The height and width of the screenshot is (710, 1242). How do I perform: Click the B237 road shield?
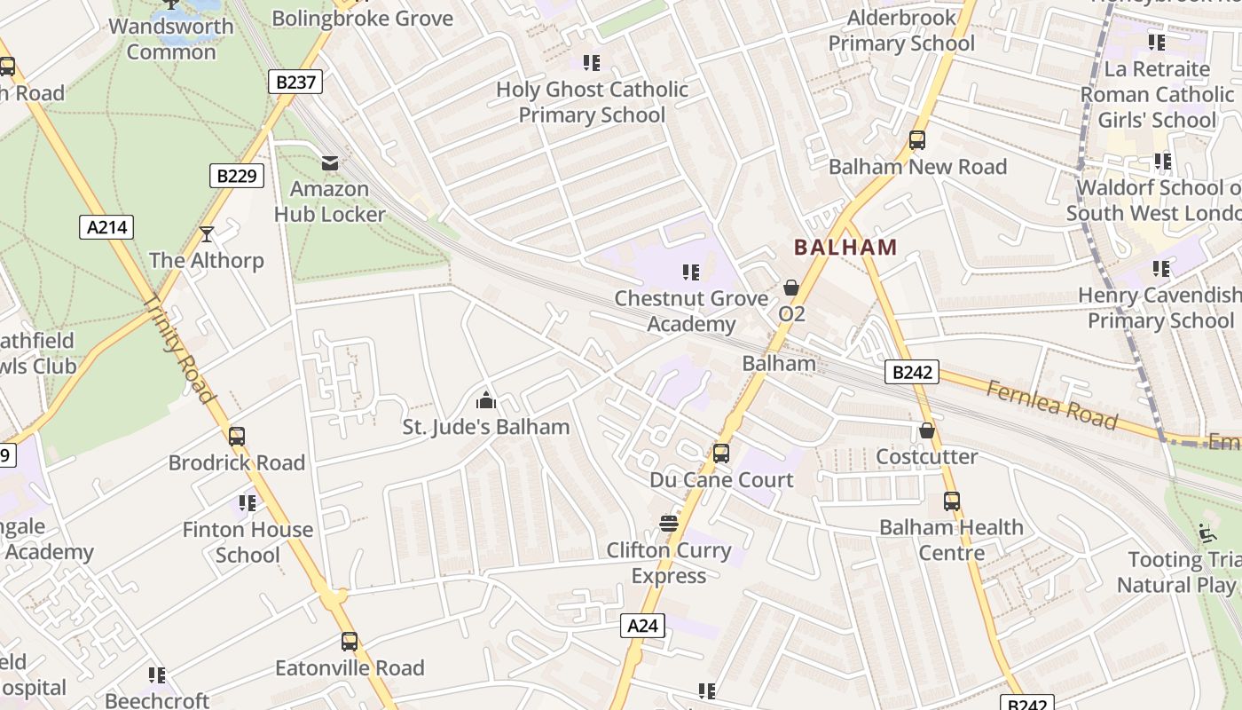pos(295,83)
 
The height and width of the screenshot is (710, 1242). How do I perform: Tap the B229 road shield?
pos(238,176)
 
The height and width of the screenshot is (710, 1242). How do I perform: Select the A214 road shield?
pos(108,227)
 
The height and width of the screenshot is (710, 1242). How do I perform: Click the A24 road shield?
pos(642,626)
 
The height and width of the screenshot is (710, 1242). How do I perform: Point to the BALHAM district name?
pos(845,248)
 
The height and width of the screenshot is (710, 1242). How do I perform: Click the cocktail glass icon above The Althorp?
pos(207,234)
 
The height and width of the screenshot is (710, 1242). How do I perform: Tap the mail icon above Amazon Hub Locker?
pos(330,163)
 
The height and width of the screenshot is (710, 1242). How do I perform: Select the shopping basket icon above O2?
pos(791,288)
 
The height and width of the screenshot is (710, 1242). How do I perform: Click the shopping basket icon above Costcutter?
pos(927,431)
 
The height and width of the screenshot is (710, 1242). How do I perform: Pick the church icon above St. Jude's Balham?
pos(485,401)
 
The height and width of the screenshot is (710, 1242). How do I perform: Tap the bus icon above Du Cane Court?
pos(721,454)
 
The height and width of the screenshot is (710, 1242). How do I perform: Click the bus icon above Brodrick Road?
pos(237,437)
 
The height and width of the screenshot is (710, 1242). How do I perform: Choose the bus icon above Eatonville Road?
pos(350,642)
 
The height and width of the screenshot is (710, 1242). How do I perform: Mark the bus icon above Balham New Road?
pos(917,140)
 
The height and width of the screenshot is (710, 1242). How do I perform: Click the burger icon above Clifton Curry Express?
pos(669,524)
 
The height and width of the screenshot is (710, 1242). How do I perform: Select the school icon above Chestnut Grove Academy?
pos(691,272)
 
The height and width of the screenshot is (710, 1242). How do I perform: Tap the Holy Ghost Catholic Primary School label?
pos(592,102)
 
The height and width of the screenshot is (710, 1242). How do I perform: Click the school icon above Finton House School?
pos(248,504)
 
